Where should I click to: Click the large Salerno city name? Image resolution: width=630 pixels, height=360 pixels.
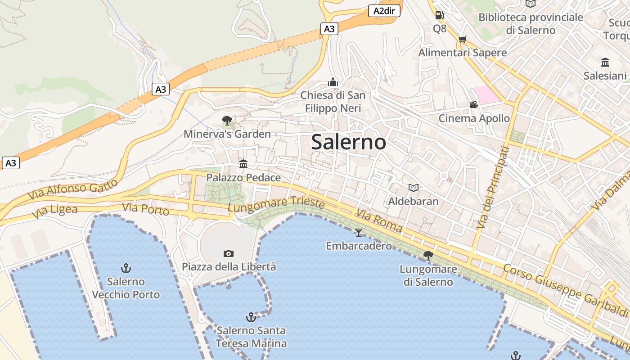(x=348, y=142)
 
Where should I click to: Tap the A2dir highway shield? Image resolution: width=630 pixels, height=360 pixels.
(x=384, y=11)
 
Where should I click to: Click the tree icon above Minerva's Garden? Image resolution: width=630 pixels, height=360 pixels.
(x=227, y=121)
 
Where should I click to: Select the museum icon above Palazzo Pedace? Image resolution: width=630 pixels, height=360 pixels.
(x=243, y=164)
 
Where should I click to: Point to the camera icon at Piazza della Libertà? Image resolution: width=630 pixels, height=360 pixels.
(x=229, y=254)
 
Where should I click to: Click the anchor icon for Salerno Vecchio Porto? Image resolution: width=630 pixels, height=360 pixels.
(x=126, y=269)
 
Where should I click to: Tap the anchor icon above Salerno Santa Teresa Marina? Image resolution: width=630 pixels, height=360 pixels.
(x=251, y=317)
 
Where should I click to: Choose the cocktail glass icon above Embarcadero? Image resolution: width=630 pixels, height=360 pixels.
(x=359, y=232)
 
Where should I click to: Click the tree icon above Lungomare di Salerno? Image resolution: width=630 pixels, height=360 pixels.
(x=428, y=256)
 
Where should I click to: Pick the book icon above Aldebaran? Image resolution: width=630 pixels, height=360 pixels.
(x=413, y=188)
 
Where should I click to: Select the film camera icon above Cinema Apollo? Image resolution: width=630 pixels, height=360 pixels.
(x=474, y=105)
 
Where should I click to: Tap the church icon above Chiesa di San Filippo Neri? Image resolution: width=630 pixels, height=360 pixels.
(x=333, y=82)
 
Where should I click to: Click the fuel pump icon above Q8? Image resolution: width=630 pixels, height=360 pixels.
(x=440, y=15)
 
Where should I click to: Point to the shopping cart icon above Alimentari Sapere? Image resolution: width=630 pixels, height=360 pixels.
(x=462, y=39)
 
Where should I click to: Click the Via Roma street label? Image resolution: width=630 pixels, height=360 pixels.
(x=379, y=220)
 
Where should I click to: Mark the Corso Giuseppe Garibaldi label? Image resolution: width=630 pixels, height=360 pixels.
(x=565, y=289)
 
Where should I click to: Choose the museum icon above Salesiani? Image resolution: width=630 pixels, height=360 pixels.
(x=605, y=62)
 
